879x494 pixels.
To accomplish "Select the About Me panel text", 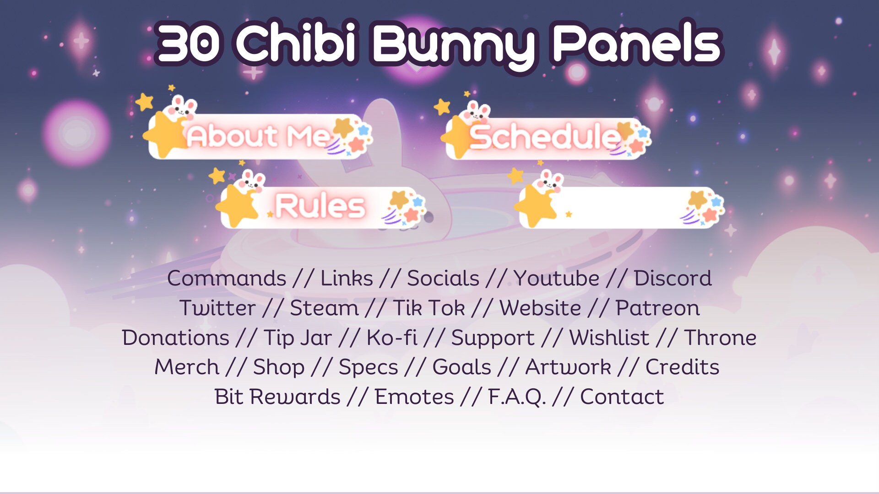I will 257,136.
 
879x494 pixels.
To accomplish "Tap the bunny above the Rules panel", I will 251,180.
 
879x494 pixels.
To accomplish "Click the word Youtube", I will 556,278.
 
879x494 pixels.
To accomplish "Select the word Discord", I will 673,278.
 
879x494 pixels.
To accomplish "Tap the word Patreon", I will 657,308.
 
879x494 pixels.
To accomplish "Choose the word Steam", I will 324,308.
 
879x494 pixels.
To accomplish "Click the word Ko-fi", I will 392,338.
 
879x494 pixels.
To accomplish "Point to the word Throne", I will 720,338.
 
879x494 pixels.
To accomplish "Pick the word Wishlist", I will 609,338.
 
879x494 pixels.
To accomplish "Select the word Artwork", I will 568,367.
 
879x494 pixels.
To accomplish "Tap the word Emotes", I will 414,397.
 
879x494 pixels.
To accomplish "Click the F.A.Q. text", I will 517,397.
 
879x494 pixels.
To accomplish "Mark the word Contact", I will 622,397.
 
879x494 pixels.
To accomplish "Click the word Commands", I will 227,278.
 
